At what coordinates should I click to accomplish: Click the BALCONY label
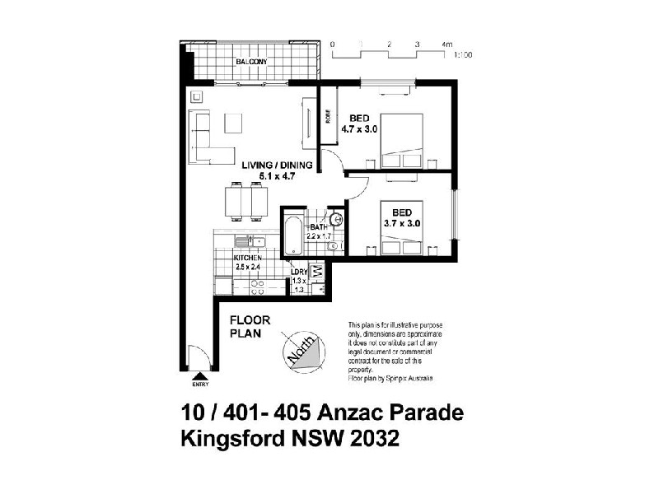(x=250, y=63)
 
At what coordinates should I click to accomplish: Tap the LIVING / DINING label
(x=277, y=165)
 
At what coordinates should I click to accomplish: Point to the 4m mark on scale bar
(x=446, y=43)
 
